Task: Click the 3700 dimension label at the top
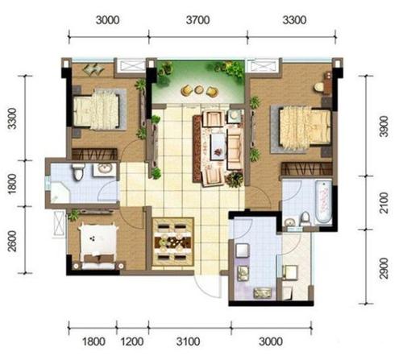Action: coord(197,20)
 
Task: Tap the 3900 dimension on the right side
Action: coord(384,126)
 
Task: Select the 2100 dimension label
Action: coord(384,203)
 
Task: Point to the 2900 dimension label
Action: coord(384,268)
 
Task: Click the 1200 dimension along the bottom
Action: coord(131,341)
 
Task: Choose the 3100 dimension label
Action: coord(188,341)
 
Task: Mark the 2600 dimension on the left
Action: coord(12,241)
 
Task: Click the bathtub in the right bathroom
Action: coord(323,202)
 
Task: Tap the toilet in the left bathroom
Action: coord(78,172)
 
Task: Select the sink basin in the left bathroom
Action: coord(105,168)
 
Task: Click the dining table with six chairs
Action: coord(172,242)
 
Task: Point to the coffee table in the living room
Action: coord(218,147)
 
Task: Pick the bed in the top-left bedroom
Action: coord(96,110)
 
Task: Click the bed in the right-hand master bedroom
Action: coord(305,128)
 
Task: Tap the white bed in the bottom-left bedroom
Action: coord(98,246)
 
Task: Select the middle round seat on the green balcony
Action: coord(199,90)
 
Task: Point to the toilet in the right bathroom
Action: coord(305,219)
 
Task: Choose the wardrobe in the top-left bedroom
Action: coord(94,154)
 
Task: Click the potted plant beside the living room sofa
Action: coord(235,180)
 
